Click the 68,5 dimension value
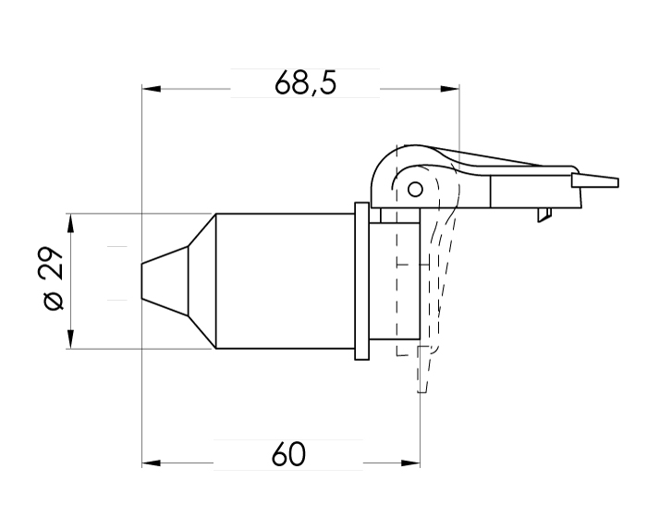[305, 83]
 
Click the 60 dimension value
[289, 455]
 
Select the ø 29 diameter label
[53, 279]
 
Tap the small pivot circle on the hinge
[415, 190]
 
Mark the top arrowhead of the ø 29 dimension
[71, 222]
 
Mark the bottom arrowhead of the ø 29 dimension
[71, 341]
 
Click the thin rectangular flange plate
[361, 281]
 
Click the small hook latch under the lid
[543, 215]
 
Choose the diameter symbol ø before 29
[53, 302]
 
